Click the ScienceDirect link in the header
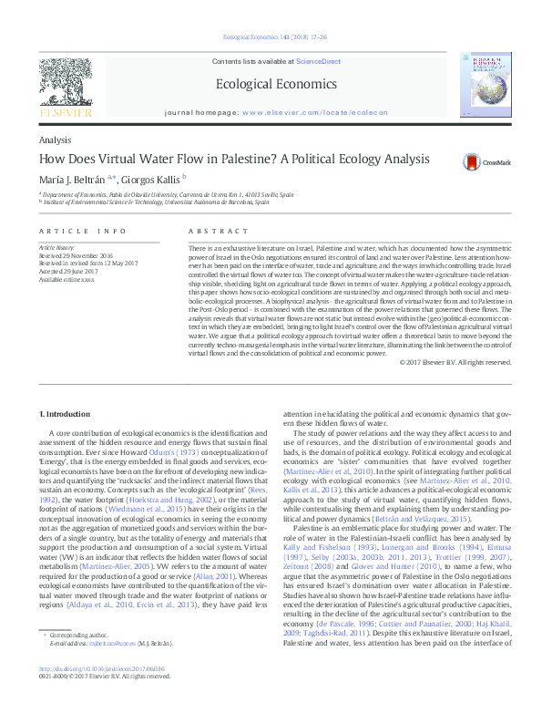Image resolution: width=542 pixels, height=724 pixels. pos(318,60)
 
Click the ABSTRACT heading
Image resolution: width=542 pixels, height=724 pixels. pos(210,233)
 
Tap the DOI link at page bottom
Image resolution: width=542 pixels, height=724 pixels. pos(103,668)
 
